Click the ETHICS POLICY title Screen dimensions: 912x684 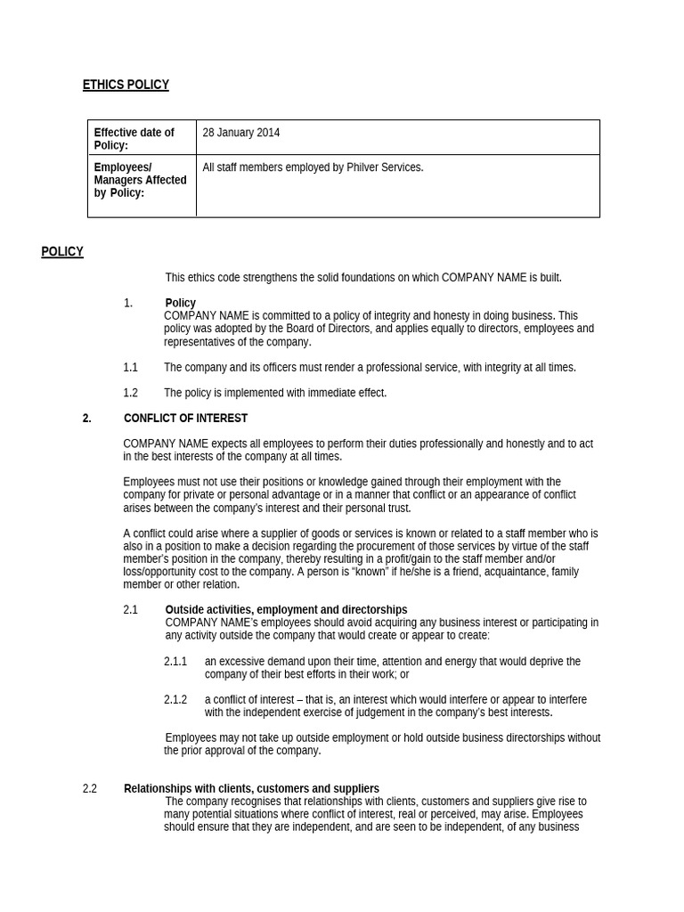(x=126, y=85)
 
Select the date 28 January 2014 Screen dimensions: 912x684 (x=240, y=133)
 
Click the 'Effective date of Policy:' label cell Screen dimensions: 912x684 (x=134, y=139)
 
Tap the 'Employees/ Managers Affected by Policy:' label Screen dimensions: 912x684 (x=140, y=180)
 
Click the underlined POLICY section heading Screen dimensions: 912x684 (x=62, y=252)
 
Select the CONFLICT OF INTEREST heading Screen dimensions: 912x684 (x=185, y=419)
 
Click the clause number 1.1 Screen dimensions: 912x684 (x=130, y=368)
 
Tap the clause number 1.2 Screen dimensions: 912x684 (x=130, y=393)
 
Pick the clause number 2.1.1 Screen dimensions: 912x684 (x=175, y=662)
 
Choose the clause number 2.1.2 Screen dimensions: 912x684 (x=175, y=700)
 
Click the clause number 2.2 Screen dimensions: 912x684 (x=89, y=789)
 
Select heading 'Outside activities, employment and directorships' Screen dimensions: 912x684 (x=286, y=610)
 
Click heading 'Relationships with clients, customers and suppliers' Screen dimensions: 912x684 (x=251, y=789)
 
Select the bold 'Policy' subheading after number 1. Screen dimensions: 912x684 (x=180, y=303)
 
